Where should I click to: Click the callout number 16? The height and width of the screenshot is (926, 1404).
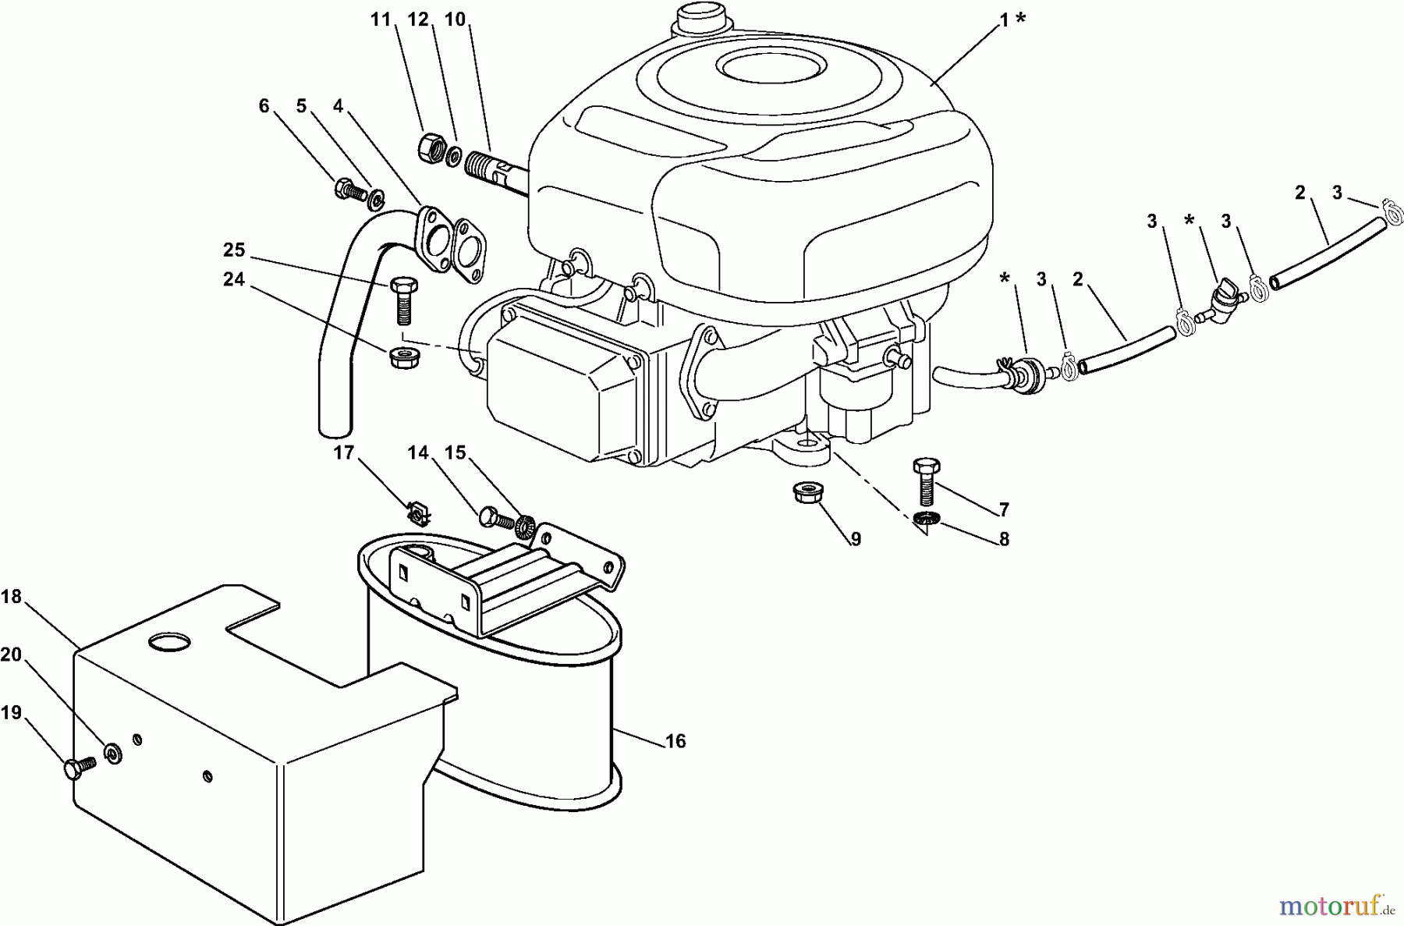pos(675,741)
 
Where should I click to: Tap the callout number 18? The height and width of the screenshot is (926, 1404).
pos(10,598)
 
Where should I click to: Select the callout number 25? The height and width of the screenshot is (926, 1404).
pos(234,250)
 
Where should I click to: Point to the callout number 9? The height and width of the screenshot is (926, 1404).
pos(856,539)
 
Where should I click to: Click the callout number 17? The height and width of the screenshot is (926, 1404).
pos(344,452)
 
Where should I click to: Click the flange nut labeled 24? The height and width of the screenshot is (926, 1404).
pos(400,357)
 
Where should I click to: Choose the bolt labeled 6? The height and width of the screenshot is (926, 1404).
pos(353,189)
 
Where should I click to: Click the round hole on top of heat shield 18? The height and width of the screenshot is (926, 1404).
pos(169,641)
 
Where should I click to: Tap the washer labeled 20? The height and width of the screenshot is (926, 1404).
pos(114,754)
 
